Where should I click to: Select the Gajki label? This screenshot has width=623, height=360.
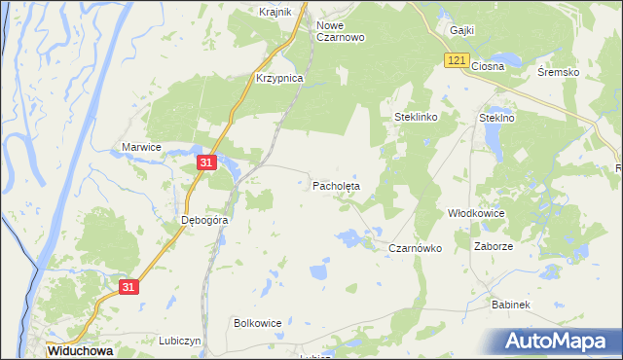[x=461, y=30]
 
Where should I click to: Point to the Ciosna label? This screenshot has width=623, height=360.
[x=488, y=66]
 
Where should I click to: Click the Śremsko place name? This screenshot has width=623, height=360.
[x=558, y=72]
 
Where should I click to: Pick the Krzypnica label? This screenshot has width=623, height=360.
[x=280, y=78]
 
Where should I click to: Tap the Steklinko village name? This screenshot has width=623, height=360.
[x=417, y=117]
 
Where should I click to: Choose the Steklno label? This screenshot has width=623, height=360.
[x=496, y=117]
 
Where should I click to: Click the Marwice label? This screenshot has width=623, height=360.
[x=141, y=146]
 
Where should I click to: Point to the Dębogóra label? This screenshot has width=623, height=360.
[x=205, y=220]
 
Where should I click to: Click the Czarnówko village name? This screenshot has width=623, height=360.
[x=416, y=248]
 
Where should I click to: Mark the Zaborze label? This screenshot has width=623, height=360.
[x=494, y=246]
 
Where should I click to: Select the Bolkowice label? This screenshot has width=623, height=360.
[x=259, y=322]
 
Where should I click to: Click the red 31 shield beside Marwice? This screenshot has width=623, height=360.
[x=205, y=162]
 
